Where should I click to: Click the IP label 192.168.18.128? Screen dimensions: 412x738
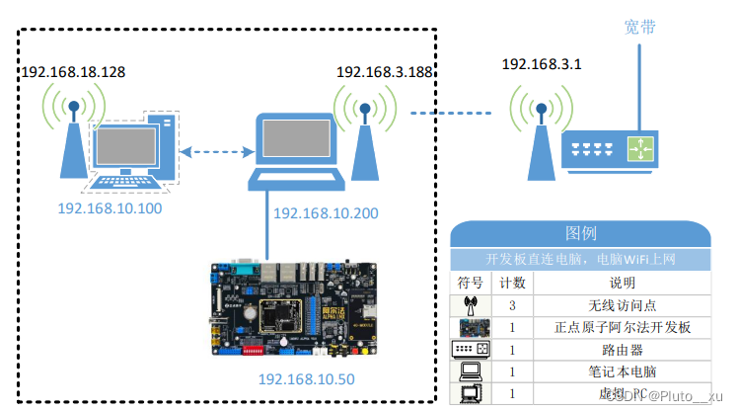(73, 72)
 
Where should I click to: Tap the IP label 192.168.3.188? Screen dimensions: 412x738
(385, 72)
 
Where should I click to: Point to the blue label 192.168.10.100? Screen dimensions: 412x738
(110, 208)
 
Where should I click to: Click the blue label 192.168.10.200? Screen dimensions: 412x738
(325, 213)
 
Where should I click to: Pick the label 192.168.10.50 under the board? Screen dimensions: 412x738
(306, 379)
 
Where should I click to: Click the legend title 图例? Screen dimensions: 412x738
(580, 233)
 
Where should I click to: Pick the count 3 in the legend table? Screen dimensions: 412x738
(513, 306)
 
